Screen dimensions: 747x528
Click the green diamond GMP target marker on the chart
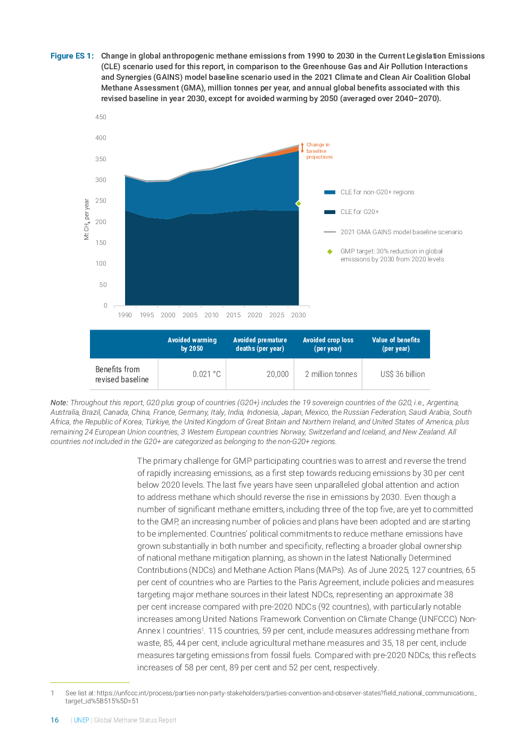tap(299, 203)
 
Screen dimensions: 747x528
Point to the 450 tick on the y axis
tap(101, 117)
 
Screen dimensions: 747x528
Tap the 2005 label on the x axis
tap(190, 315)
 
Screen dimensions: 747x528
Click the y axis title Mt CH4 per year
tap(87, 219)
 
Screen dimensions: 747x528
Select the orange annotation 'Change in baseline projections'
tap(319, 151)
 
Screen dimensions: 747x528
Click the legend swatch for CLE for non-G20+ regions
tap(329, 192)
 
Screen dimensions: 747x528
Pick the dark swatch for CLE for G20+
tap(329, 212)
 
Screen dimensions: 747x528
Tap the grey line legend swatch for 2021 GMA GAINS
tap(329, 232)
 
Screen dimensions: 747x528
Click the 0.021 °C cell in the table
tap(207, 374)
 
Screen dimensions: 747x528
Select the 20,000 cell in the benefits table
tap(277, 374)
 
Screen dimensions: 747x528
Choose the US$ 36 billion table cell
tap(402, 374)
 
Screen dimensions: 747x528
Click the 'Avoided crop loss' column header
tap(328, 344)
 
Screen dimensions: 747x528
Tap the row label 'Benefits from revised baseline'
tap(122, 374)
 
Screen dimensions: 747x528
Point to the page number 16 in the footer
tap(55, 720)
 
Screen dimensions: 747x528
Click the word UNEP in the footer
tap(81, 720)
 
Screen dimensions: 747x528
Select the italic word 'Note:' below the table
tap(59, 403)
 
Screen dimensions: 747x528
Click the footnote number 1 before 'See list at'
tap(53, 693)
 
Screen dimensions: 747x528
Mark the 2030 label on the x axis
tap(298, 315)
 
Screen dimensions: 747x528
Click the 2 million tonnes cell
tap(331, 374)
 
